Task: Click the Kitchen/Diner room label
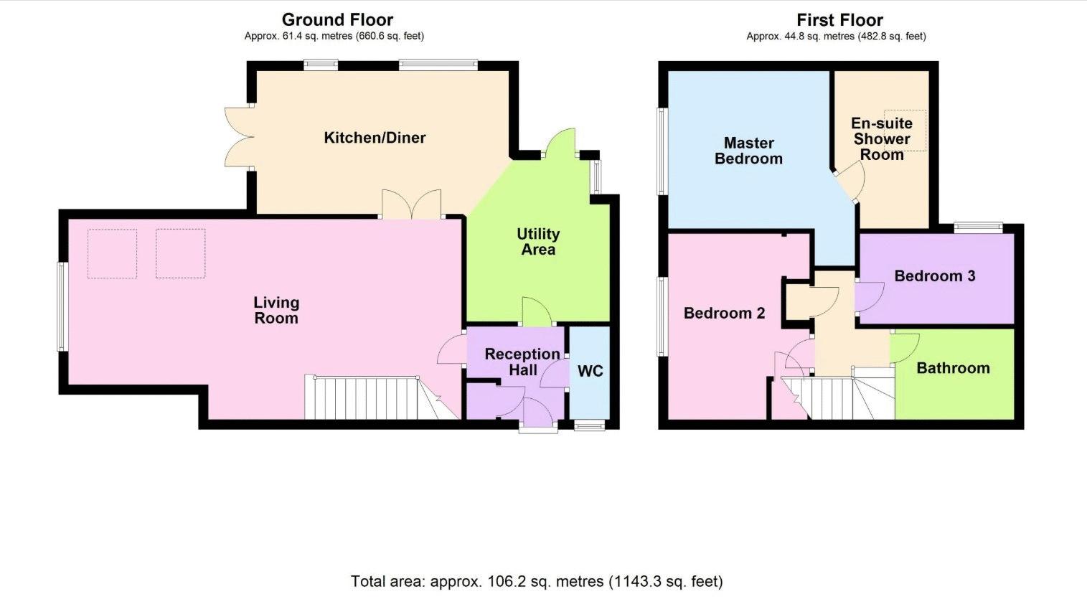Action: coord(375,138)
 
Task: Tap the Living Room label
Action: coord(276,310)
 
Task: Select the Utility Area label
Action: coord(538,242)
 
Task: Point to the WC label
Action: coord(590,371)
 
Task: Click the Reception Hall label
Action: coord(522,362)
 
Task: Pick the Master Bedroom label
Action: coord(748,151)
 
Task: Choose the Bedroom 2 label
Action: coord(724,313)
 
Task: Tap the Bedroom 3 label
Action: coord(935,276)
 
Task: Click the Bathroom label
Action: coord(953,368)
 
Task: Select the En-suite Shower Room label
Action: coord(882,138)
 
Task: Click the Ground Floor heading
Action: coord(337,20)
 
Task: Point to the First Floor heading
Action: coord(839,20)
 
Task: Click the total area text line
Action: coord(537,581)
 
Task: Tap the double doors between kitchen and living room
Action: coord(412,204)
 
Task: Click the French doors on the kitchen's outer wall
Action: coord(239,137)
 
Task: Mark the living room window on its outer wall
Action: coord(62,306)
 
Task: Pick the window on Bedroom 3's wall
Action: coord(979,227)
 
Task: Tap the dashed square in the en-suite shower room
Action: coord(905,131)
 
